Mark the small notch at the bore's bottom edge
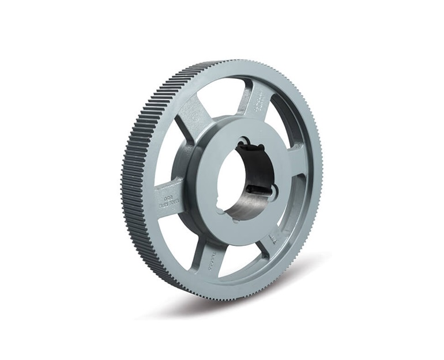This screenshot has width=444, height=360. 235,217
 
